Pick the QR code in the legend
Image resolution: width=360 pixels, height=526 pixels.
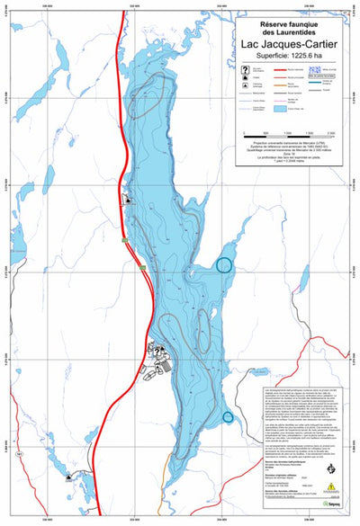point(317,71)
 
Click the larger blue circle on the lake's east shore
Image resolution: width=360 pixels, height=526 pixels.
point(225,264)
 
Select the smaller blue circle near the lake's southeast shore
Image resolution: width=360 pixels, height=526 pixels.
point(228,416)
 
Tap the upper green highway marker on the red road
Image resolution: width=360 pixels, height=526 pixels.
point(124,239)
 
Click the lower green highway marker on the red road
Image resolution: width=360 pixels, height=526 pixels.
point(142,267)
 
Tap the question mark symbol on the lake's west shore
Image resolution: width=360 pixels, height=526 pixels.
point(127,199)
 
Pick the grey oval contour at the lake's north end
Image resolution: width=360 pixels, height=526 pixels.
point(153,96)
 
